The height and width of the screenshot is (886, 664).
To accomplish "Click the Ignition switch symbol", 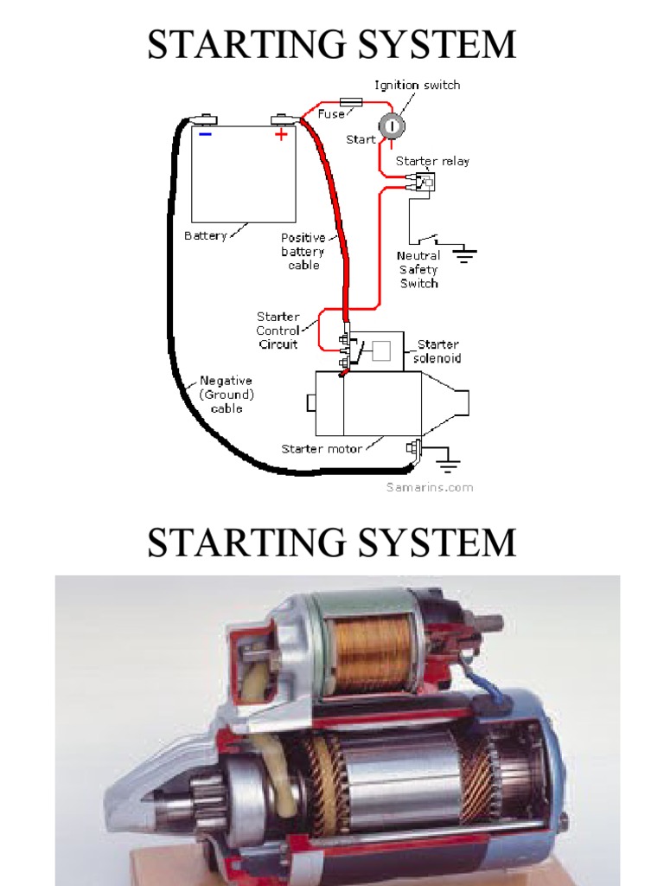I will pos(392,126).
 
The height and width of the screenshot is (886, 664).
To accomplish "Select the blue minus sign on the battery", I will pos(204,135).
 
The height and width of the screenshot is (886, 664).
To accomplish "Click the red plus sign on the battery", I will pos(281,135).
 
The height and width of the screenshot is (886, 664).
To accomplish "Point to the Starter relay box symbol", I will pos(424,182).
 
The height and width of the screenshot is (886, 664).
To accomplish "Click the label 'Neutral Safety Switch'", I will pos(418,269).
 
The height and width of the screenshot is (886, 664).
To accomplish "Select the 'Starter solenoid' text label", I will pos(439,350).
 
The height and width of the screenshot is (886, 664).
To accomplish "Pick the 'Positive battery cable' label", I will pos(303,251).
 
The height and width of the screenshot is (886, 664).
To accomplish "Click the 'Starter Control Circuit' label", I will pos(278,331).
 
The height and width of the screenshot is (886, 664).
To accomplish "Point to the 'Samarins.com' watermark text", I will pos(429,487).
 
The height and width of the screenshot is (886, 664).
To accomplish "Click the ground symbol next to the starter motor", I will pos(447,463).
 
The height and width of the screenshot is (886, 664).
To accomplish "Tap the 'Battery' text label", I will pos(206,235).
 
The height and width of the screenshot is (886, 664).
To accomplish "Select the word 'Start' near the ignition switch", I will pos(361,139).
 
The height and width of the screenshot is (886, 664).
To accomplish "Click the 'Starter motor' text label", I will pos(322,448).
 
